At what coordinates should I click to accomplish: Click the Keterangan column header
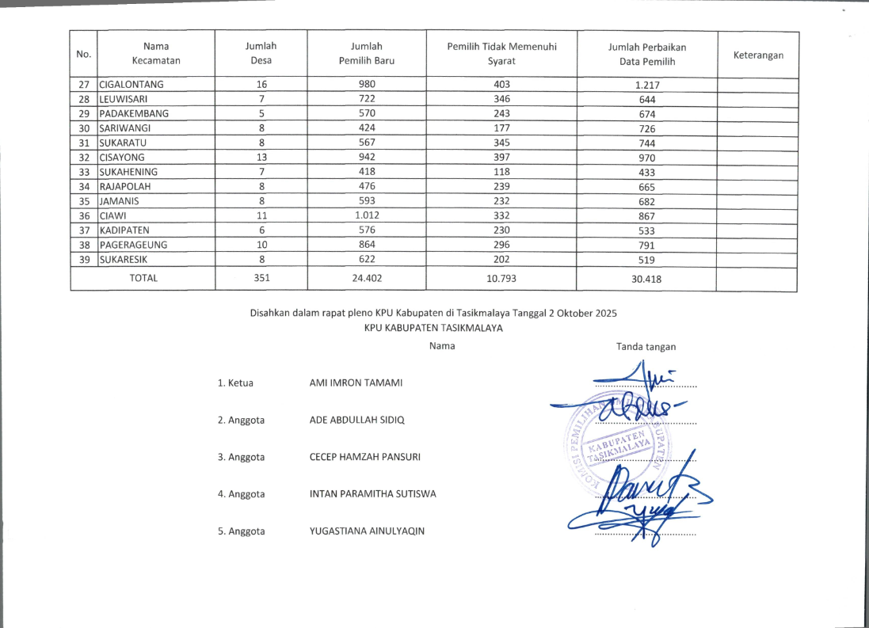point(758,55)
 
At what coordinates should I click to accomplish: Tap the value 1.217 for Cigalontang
point(646,86)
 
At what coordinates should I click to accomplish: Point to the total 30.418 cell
point(646,280)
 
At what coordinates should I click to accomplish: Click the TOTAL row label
point(143,278)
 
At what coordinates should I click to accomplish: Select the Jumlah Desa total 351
point(261,279)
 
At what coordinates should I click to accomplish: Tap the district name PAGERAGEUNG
point(133,245)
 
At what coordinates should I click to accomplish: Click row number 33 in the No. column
point(84,172)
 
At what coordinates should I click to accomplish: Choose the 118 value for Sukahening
point(501,172)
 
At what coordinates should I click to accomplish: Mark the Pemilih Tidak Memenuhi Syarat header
point(501,54)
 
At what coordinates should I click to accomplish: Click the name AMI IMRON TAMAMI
point(356,383)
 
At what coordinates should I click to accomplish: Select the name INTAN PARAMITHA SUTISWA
point(372,494)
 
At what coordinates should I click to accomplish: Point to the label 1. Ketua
point(235,383)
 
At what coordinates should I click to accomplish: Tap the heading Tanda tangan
point(646,346)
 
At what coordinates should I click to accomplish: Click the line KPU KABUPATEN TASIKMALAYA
point(433,328)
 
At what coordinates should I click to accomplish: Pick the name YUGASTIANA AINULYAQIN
point(367,531)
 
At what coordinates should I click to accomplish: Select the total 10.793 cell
point(501,279)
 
